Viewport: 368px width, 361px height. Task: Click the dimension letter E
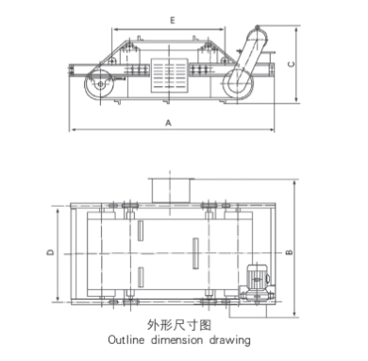(173, 21)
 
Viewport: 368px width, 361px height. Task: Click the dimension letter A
(169, 123)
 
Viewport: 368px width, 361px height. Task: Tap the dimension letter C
(292, 64)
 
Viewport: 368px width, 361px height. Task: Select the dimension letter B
(290, 252)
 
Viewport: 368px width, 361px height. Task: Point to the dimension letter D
(50, 252)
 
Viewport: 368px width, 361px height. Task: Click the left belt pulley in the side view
(99, 84)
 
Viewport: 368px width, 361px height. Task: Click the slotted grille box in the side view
(170, 76)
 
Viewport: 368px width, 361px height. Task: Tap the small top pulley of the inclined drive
(258, 27)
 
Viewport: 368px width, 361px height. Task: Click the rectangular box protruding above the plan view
(171, 191)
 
